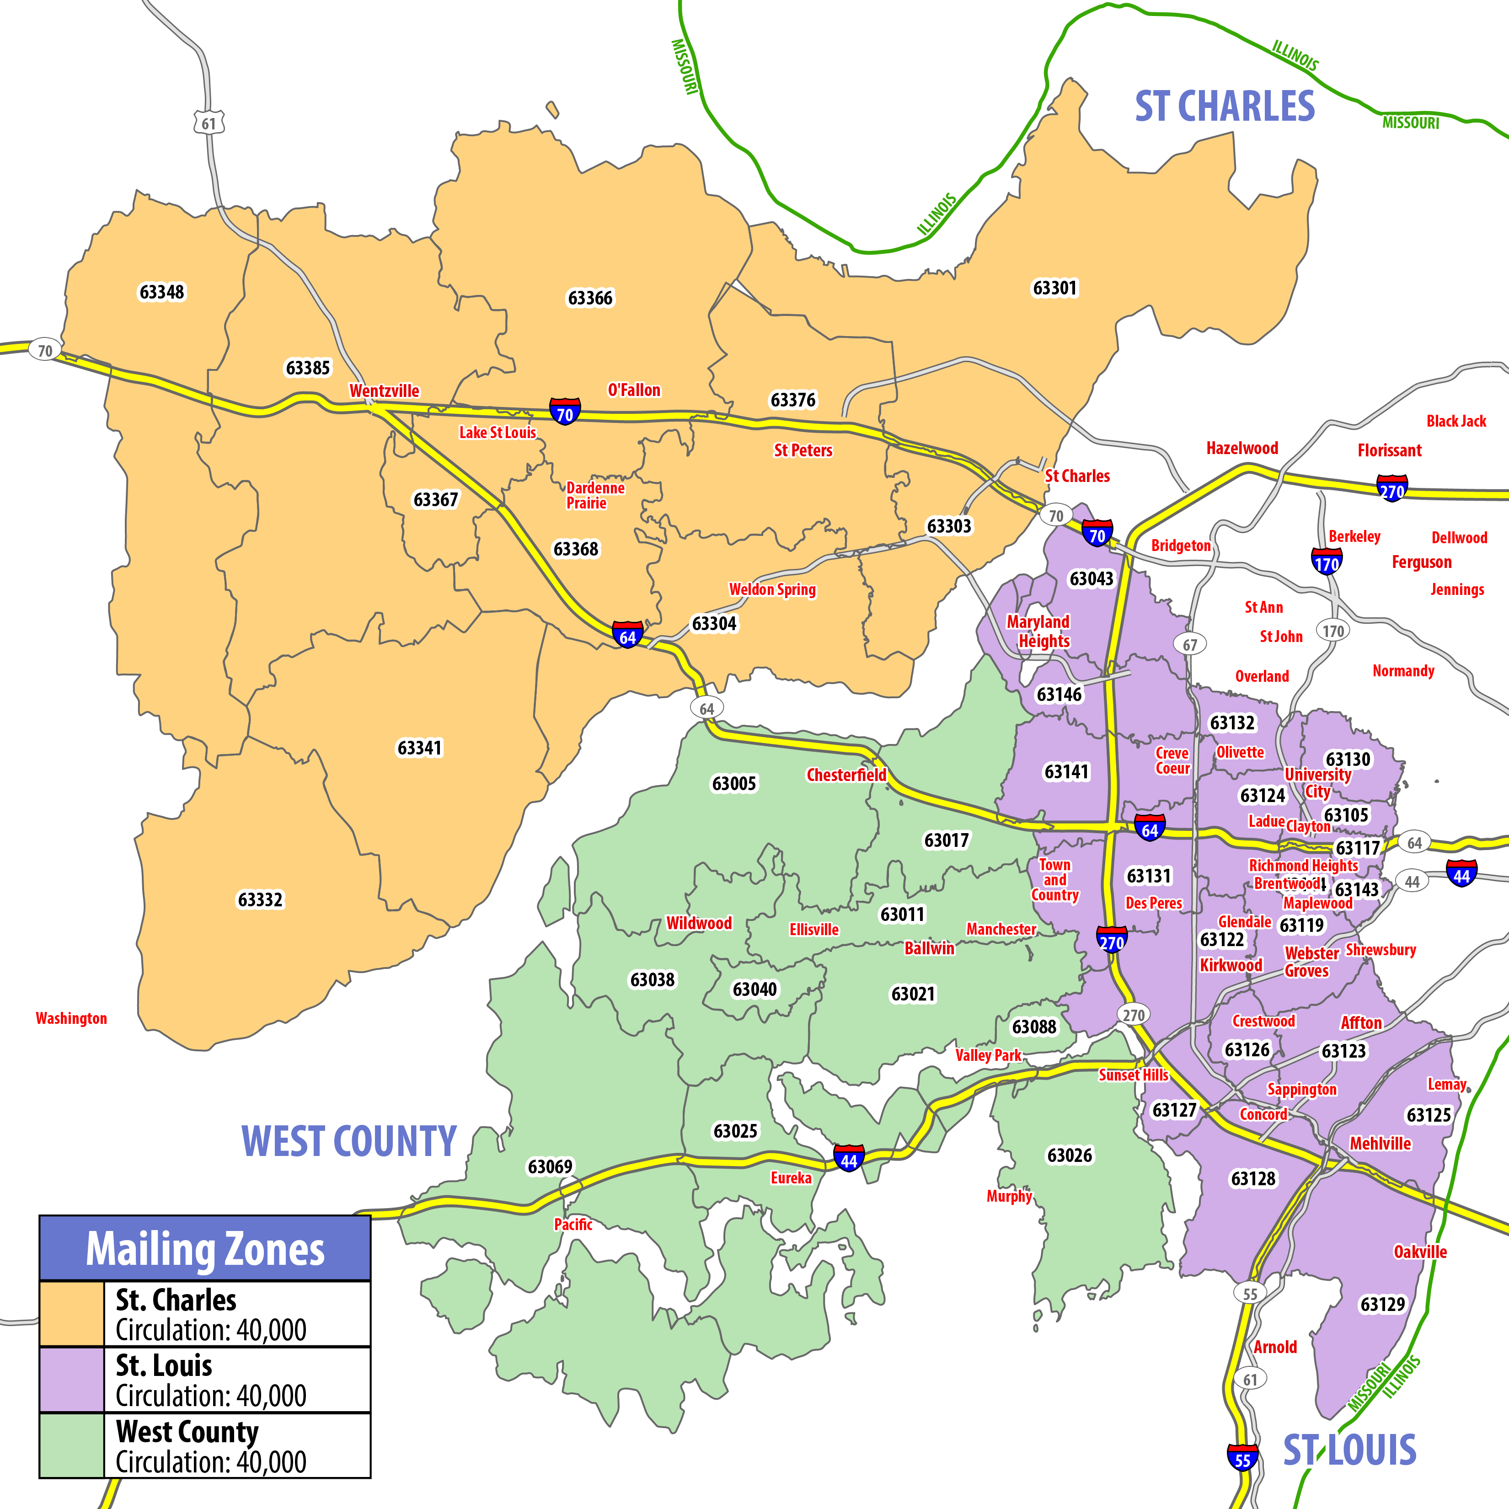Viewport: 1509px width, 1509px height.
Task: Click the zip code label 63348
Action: pyautogui.click(x=162, y=292)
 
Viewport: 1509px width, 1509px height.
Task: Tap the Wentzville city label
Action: pyautogui.click(x=384, y=391)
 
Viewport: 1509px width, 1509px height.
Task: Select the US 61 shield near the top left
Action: pyautogui.click(x=209, y=123)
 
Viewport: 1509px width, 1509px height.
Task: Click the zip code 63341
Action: pyautogui.click(x=419, y=748)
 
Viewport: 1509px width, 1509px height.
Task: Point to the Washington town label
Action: pyautogui.click(x=71, y=1018)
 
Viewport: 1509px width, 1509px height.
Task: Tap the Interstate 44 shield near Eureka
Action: pyautogui.click(x=849, y=1159)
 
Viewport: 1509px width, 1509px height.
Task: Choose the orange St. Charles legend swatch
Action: pyautogui.click(x=72, y=1314)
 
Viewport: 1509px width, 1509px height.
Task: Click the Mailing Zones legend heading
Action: pyautogui.click(x=205, y=1249)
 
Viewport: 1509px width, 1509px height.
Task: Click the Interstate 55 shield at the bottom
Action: pyautogui.click(x=1242, y=1458)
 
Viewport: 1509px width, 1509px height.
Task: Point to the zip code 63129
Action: pyautogui.click(x=1382, y=1304)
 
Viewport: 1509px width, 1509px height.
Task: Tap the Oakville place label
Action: pyautogui.click(x=1420, y=1252)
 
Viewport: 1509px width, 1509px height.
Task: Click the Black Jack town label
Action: pyautogui.click(x=1456, y=421)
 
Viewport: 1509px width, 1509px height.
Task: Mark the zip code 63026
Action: pyautogui.click(x=1069, y=1155)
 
